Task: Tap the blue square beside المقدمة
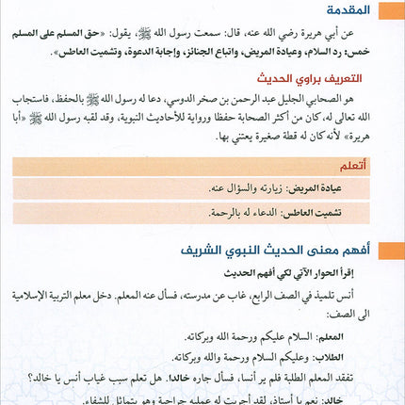(x=394, y=11)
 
